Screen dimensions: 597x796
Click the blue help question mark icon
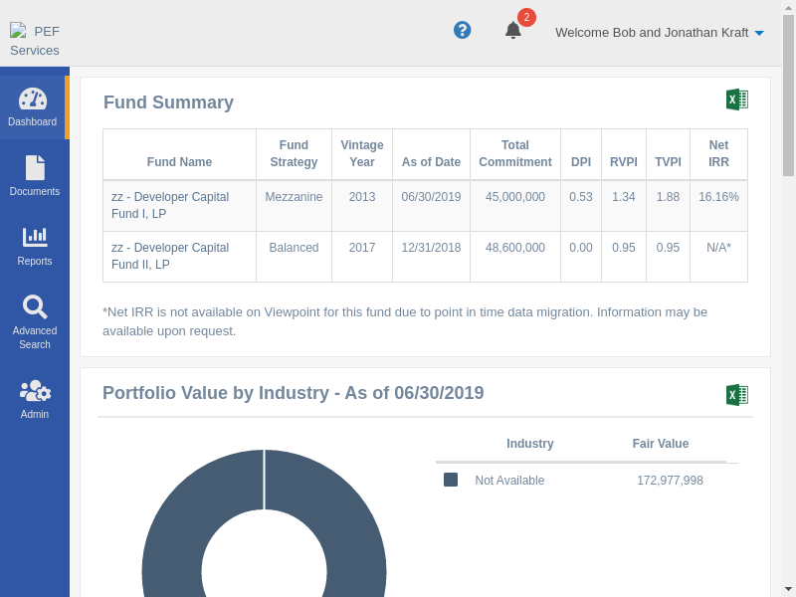coord(462,30)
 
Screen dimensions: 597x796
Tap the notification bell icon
coord(513,30)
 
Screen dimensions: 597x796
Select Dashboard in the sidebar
coord(33,106)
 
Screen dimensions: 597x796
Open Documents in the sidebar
coord(35,176)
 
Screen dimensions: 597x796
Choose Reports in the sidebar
coord(35,246)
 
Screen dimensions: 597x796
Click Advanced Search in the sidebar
coord(35,321)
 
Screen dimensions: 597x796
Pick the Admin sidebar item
coord(35,399)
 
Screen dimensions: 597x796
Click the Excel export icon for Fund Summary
coord(736,99)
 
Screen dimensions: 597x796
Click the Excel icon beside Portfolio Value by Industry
coord(736,395)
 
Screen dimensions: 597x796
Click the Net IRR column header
coord(718,153)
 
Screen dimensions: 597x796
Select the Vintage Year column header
coord(362,153)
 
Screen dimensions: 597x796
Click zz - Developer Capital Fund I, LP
coord(170,205)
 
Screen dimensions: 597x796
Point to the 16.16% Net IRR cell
coord(718,197)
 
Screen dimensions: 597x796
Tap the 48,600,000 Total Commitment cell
coord(515,248)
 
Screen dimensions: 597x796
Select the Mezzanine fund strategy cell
coord(294,197)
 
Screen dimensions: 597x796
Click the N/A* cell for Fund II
coord(718,248)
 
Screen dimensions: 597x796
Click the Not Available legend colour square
coord(451,480)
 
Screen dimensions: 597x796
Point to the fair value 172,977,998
coord(670,481)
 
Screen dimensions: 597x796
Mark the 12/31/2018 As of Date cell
coord(431,248)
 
